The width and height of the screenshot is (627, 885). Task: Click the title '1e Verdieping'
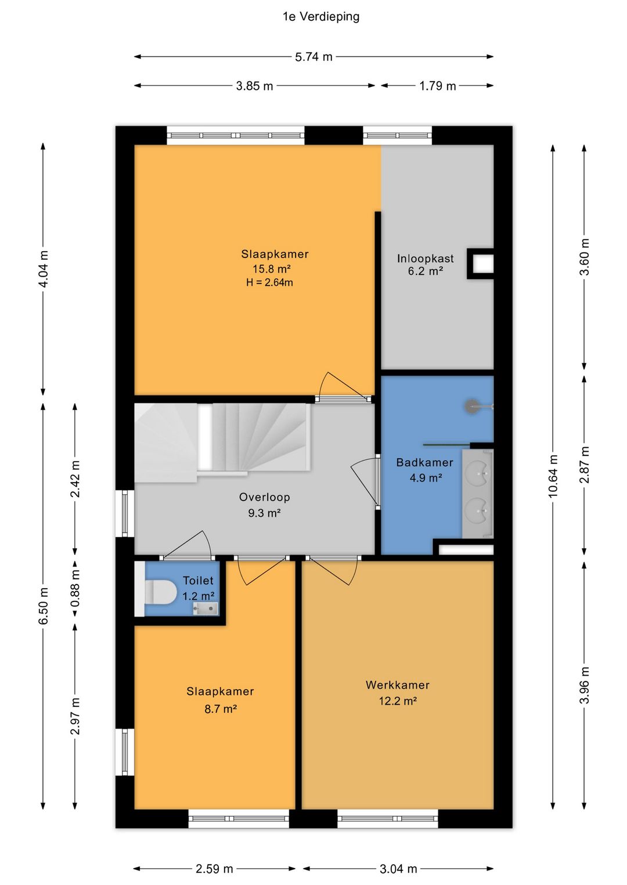pos(321,17)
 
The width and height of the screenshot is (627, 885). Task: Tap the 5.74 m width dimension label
pos(313,57)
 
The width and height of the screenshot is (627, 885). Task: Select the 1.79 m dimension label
pos(438,86)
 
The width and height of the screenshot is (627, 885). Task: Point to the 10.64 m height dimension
pos(553,476)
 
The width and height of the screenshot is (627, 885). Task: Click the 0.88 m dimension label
pos(75,589)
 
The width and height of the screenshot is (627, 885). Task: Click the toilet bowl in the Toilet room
pos(160,592)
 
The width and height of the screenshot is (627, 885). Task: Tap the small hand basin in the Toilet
pos(206,608)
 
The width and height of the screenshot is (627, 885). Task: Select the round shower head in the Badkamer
pos(471,406)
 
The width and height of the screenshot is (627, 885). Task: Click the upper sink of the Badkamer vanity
pos(478,473)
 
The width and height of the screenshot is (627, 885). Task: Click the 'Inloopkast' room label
pos(425,259)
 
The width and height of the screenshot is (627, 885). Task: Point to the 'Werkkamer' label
pos(398,685)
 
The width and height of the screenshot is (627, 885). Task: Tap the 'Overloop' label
pos(265,497)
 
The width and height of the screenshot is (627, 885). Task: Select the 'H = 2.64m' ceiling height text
pos(269,282)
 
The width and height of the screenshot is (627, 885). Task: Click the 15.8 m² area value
pos(272,269)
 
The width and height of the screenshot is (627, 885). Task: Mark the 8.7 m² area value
pos(221,709)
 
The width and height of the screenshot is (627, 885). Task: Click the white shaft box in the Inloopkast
pos(481,263)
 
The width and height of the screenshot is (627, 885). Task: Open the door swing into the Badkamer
pos(364,483)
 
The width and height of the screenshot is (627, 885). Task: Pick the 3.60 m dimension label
pos(585,257)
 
